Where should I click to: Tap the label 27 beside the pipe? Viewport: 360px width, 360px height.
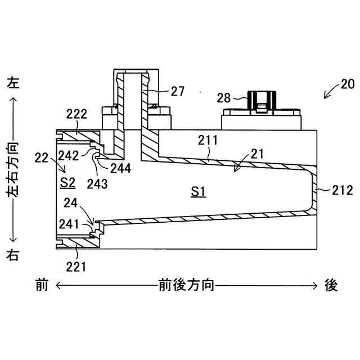pyautogui.click(x=177, y=91)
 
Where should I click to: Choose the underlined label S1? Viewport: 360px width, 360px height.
pyautogui.click(x=198, y=192)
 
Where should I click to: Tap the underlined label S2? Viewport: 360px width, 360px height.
pyautogui.click(x=67, y=182)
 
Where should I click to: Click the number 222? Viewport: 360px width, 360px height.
pyautogui.click(x=76, y=115)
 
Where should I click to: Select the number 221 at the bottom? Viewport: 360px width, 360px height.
pyautogui.click(x=76, y=265)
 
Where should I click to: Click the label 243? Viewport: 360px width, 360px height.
pyautogui.click(x=97, y=183)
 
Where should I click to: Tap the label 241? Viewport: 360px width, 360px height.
pyautogui.click(x=69, y=223)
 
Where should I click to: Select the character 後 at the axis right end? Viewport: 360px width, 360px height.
pyautogui.click(x=331, y=286)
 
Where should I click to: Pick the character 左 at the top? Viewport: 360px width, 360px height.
pyautogui.click(x=12, y=83)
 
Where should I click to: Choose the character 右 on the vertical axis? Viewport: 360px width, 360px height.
pyautogui.click(x=12, y=254)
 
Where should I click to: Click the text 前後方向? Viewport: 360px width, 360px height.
pyautogui.click(x=186, y=286)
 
